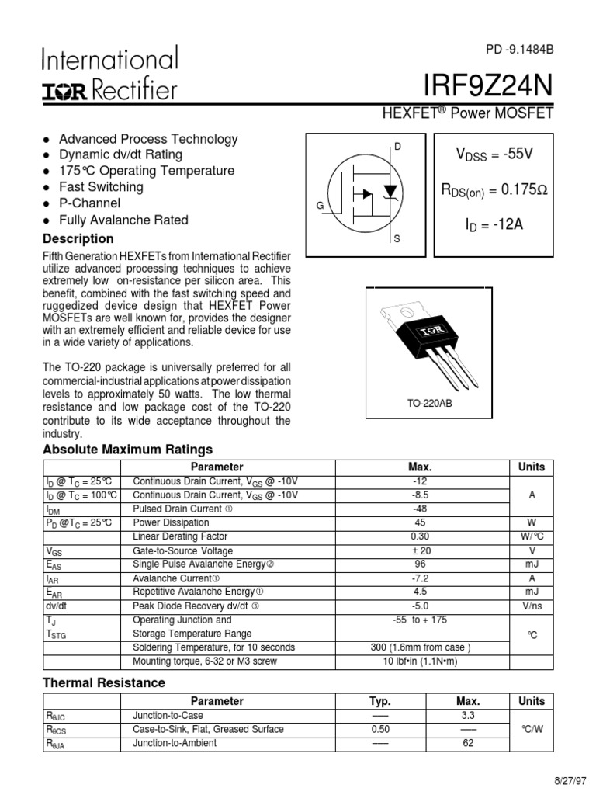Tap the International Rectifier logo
[109, 75]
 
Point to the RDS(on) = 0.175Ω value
[494, 190]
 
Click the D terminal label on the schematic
[398, 146]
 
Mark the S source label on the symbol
[397, 239]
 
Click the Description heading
[78, 238]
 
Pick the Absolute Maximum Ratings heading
[127, 450]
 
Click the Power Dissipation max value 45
[420, 522]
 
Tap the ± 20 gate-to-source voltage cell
[420, 550]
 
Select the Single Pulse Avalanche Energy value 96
[420, 564]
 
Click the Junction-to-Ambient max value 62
[468, 743]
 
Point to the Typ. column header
[380, 701]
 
